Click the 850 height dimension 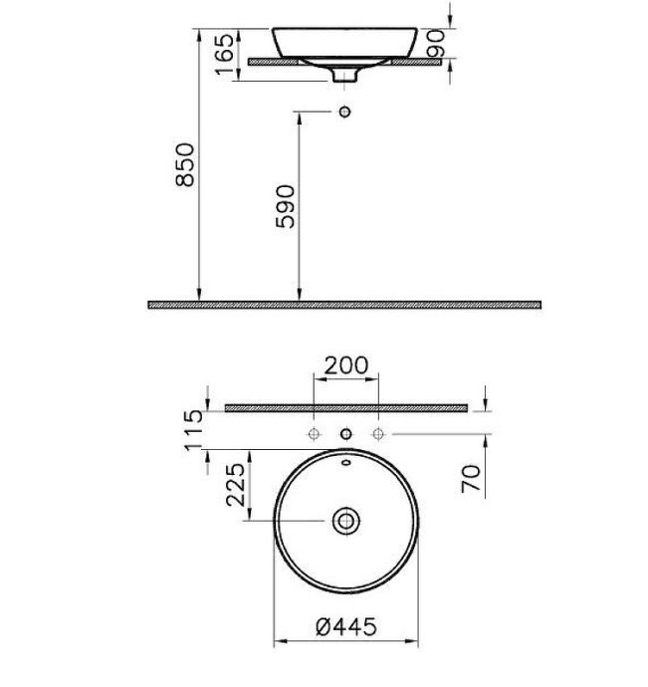pyautogui.click(x=184, y=164)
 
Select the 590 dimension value pyautogui.click(x=286, y=206)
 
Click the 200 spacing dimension pyautogui.click(x=345, y=365)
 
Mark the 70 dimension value pyautogui.click(x=472, y=478)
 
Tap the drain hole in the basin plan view pyautogui.click(x=345, y=520)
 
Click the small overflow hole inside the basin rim pyautogui.click(x=345, y=463)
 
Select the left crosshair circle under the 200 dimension pyautogui.click(x=314, y=434)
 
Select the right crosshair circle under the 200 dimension pyautogui.click(x=378, y=434)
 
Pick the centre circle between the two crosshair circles pyautogui.click(x=345, y=434)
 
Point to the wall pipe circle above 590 pyautogui.click(x=345, y=112)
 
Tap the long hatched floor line pyautogui.click(x=344, y=305)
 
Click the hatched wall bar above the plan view pyautogui.click(x=345, y=407)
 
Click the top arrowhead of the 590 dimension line pyautogui.click(x=298, y=116)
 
